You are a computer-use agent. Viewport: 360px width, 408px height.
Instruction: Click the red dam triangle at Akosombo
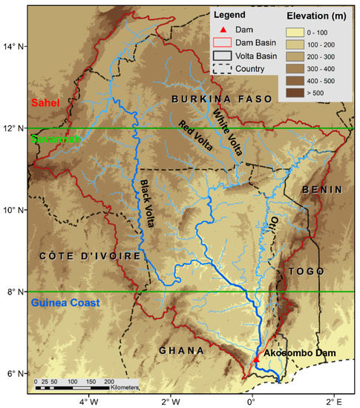click(x=256, y=359)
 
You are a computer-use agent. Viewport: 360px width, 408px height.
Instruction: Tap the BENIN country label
click(x=321, y=191)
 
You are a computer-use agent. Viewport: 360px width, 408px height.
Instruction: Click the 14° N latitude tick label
click(x=13, y=47)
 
